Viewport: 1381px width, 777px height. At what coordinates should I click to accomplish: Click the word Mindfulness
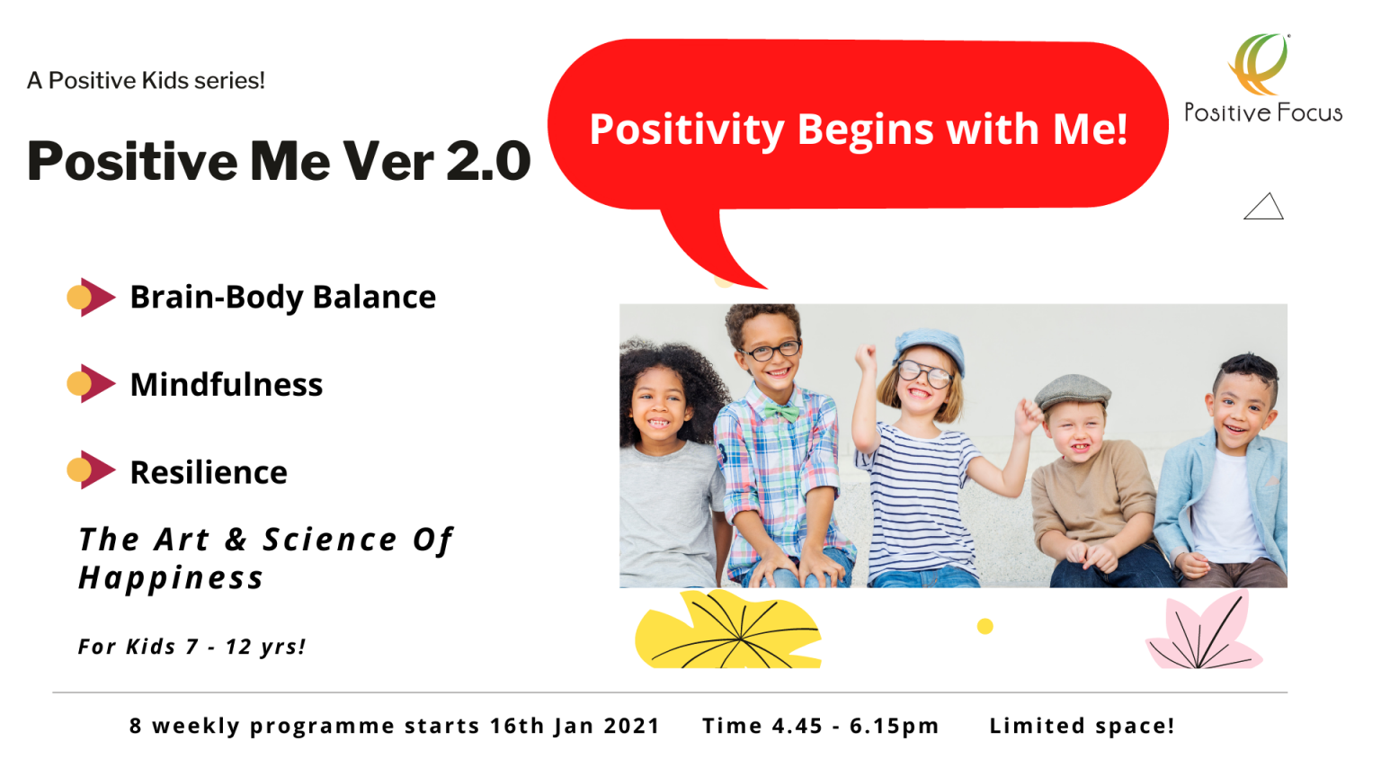(x=227, y=384)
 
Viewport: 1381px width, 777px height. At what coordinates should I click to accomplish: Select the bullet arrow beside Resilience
(x=91, y=470)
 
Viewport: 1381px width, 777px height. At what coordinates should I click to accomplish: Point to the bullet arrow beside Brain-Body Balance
(x=91, y=298)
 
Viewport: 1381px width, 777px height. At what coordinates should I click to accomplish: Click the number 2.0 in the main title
(x=488, y=161)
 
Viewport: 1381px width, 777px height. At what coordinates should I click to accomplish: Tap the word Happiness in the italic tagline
(x=171, y=578)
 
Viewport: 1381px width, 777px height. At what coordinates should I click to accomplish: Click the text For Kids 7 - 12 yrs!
(x=192, y=647)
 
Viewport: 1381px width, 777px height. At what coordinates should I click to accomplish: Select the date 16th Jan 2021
(x=575, y=726)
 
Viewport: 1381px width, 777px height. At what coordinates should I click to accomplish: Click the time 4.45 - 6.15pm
(x=854, y=726)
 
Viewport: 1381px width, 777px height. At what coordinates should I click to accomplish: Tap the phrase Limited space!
(x=1082, y=725)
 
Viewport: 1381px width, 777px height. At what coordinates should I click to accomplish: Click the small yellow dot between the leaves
(x=985, y=627)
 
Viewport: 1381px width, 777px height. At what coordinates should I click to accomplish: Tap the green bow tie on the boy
(x=781, y=411)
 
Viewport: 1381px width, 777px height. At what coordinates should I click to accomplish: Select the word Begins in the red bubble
(x=866, y=130)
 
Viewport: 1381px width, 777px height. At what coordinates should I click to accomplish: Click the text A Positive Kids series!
(x=147, y=81)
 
